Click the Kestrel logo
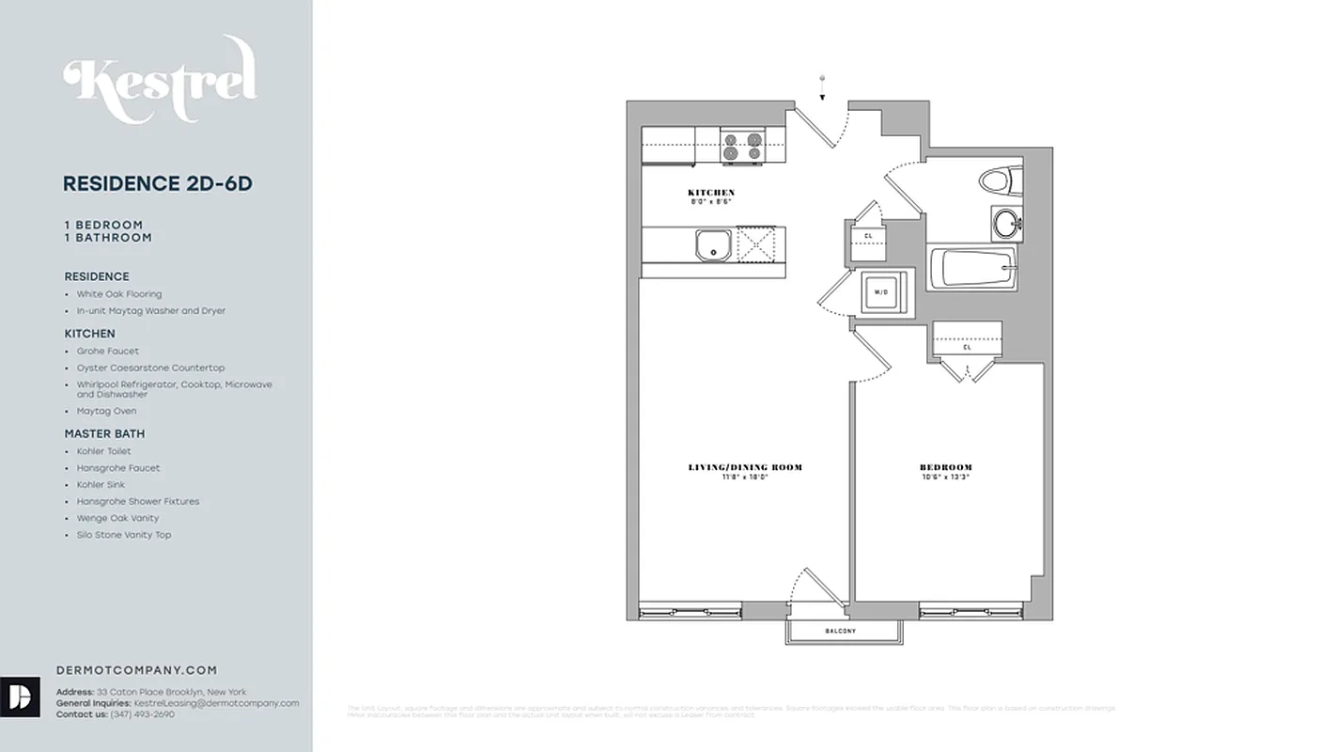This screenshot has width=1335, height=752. pos(160,81)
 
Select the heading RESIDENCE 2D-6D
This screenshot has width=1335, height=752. pos(157,184)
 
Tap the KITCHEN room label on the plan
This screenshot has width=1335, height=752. pos(711,193)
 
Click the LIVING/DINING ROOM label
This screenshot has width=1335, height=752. pos(745,467)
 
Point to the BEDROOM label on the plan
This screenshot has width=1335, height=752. pos(945,467)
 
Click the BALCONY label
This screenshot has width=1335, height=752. pos(841,631)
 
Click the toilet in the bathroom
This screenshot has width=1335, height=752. pos(999,180)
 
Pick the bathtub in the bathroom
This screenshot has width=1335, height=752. pos(971,268)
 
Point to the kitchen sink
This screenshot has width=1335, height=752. pos(713,244)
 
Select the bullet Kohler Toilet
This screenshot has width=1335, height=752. pos(104,451)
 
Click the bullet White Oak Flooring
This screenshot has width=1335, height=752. pos(119,294)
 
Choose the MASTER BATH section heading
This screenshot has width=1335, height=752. pos(104,433)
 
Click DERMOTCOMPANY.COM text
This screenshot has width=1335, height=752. pos(137,670)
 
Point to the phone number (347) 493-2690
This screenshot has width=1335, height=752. pos(142,714)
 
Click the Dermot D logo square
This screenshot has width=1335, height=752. pos(20,697)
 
